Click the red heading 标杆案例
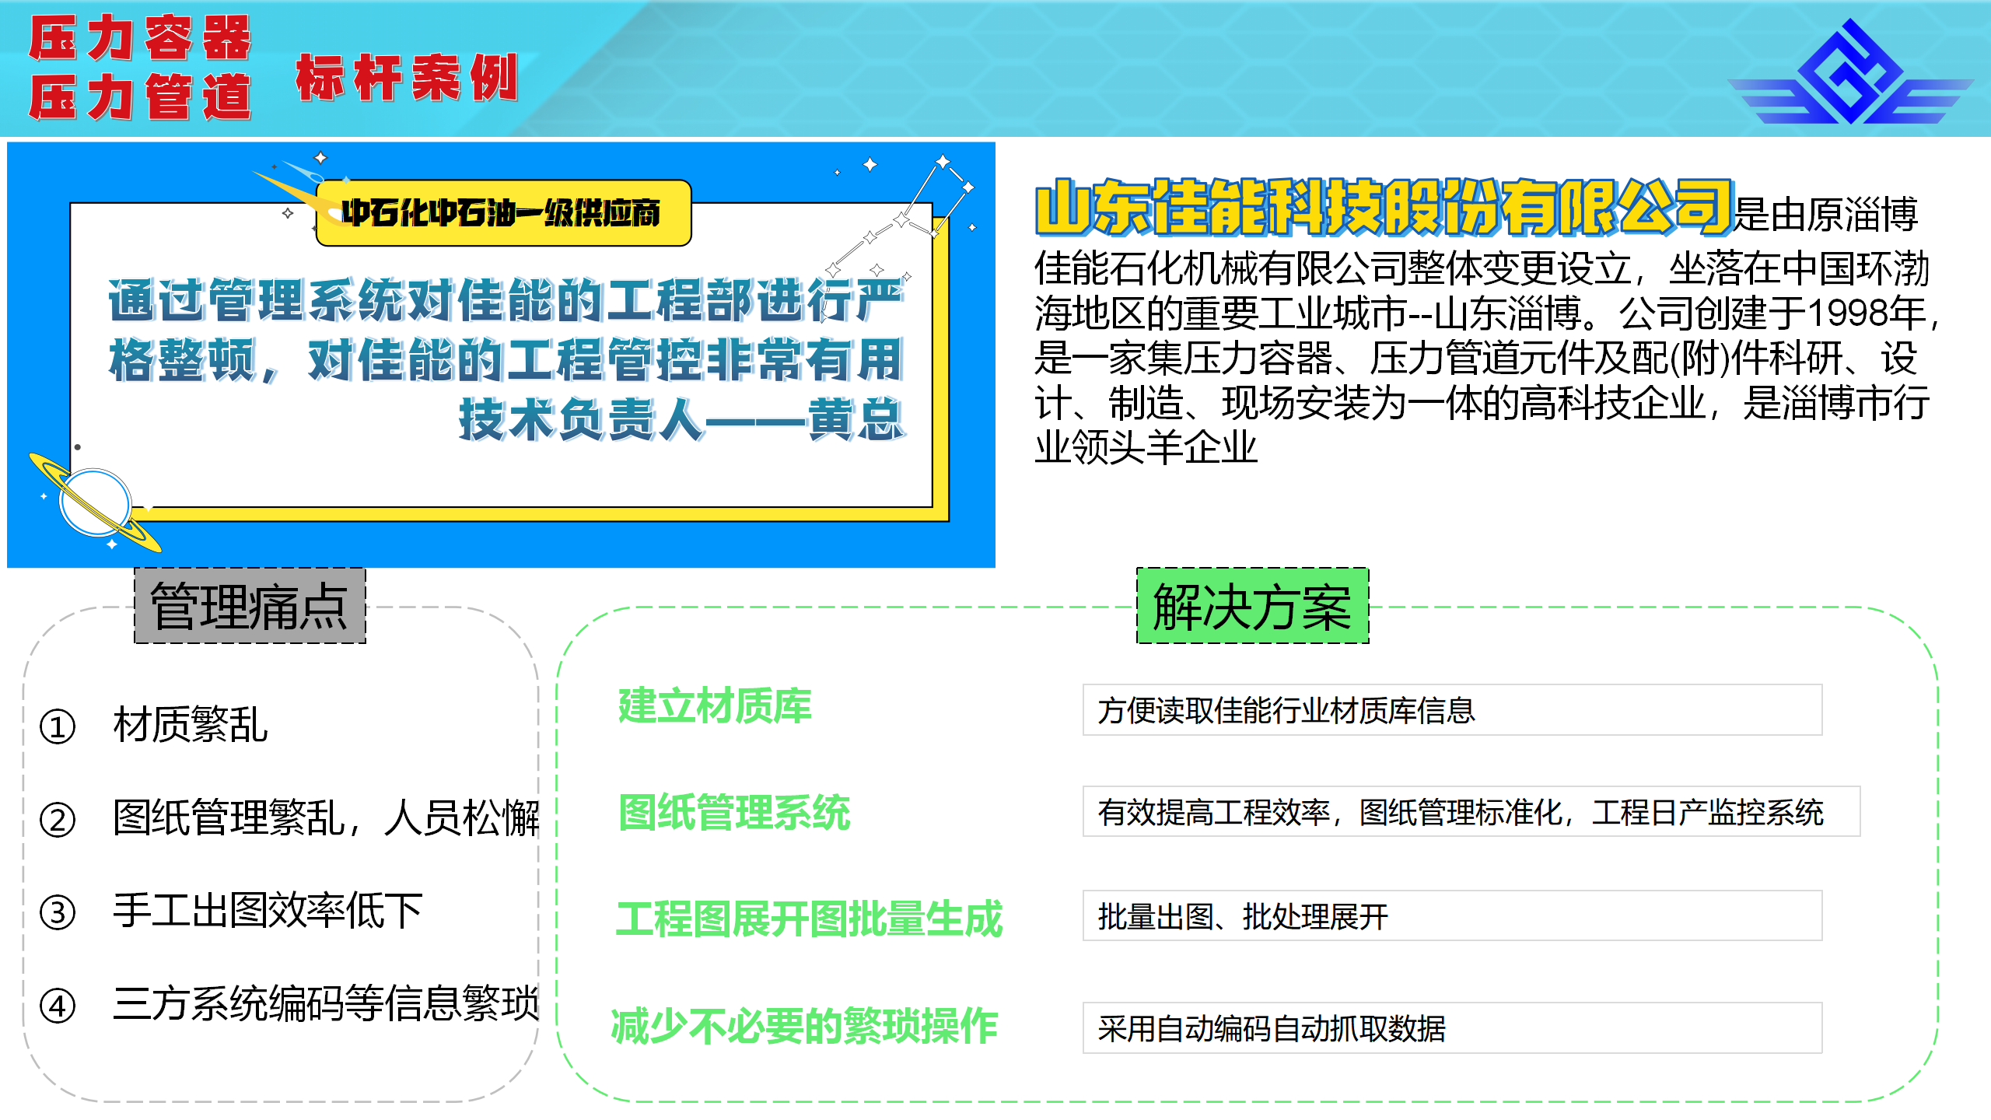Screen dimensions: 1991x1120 point(407,78)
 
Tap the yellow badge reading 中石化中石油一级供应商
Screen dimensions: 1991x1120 point(503,213)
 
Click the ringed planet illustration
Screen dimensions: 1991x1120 point(95,502)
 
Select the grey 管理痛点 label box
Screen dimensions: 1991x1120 point(250,606)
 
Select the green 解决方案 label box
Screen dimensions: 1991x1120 point(1252,606)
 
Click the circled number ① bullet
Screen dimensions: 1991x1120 point(58,726)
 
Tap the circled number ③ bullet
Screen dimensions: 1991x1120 point(58,912)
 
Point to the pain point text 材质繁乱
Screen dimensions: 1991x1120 point(191,725)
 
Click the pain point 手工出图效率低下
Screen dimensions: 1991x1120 point(268,911)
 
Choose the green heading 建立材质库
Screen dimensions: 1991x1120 point(715,706)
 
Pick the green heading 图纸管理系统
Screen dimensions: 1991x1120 point(734,813)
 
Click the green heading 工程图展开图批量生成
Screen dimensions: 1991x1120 point(810,919)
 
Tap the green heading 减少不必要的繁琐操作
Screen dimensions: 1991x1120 point(804,1027)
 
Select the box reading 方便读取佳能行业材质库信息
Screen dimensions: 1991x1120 point(1452,710)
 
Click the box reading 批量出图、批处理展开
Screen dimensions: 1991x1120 point(1452,916)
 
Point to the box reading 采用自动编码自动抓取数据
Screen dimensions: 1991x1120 point(1452,1028)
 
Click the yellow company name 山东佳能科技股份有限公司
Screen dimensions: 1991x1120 point(1384,207)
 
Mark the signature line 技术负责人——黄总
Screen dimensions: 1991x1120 point(682,420)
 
